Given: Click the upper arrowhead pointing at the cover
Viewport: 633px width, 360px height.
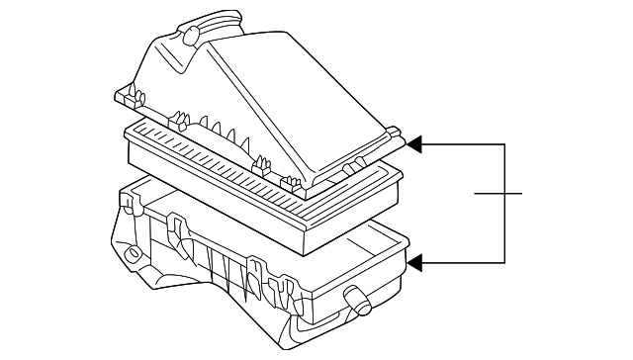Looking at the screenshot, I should [416, 145].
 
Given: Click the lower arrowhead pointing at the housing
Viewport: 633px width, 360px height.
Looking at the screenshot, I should [416, 263].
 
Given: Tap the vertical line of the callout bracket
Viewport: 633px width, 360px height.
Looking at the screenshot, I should [505, 204].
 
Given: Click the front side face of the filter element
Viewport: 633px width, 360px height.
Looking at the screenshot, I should [208, 203].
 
